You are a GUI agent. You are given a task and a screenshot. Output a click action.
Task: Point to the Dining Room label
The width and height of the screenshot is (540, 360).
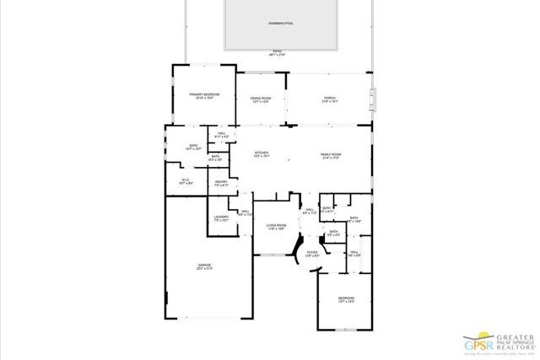(x=260, y=100)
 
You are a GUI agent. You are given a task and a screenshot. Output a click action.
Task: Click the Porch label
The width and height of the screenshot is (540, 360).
(x=329, y=100)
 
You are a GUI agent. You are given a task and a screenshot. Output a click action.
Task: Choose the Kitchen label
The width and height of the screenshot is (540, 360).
(x=262, y=154)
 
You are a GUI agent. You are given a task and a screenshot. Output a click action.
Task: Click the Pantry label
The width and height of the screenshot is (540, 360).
(x=221, y=183)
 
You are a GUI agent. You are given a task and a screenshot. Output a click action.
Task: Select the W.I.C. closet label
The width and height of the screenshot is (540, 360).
(x=186, y=180)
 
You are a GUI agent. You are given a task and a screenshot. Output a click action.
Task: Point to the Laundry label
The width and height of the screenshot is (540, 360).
(x=222, y=219)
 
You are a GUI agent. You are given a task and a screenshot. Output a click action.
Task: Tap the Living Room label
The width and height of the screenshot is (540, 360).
(x=277, y=227)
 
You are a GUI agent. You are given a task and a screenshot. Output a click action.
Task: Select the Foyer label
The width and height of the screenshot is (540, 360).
(x=312, y=253)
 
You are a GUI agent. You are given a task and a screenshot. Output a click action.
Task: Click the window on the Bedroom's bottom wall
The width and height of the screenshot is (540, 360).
(x=347, y=329)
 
